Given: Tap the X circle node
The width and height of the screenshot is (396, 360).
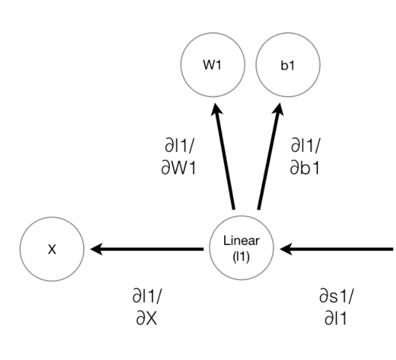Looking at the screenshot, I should (x=52, y=250).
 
